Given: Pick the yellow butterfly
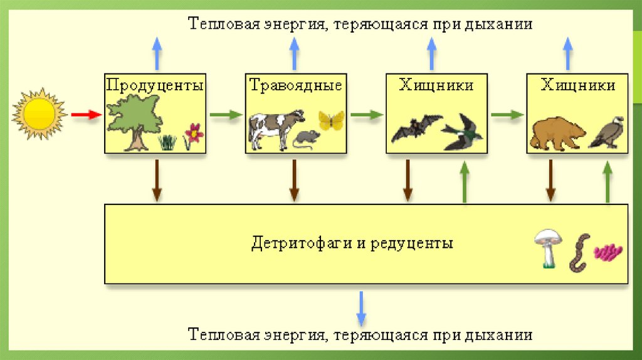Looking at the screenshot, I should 332,119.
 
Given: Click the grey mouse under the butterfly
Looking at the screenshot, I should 307,138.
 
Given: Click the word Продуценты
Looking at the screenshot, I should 155,85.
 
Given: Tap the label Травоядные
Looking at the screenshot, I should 296,85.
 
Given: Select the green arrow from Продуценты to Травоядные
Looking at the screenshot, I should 225,115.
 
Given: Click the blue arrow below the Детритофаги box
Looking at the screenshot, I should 362,307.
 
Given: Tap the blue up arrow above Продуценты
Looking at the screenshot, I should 156,53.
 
